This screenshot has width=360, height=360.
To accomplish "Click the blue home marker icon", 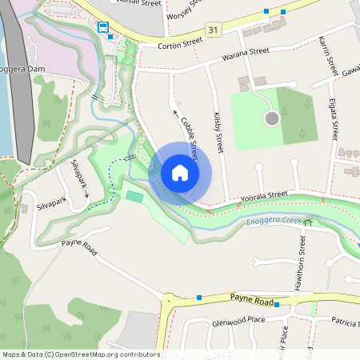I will [x=180, y=173].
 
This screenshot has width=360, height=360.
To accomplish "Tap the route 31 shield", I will [x=212, y=30].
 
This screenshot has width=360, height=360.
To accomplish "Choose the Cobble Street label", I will [x=190, y=135].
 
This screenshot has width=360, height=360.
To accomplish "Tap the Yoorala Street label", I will [x=266, y=194].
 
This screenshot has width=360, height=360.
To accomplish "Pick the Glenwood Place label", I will [x=234, y=319].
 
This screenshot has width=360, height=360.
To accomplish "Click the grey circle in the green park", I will [x=271, y=118].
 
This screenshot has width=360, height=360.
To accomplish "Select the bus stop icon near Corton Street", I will [x=103, y=27].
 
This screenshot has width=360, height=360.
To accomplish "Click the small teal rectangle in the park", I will [x=134, y=196].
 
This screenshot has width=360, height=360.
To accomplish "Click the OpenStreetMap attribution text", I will [x=81, y=354].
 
